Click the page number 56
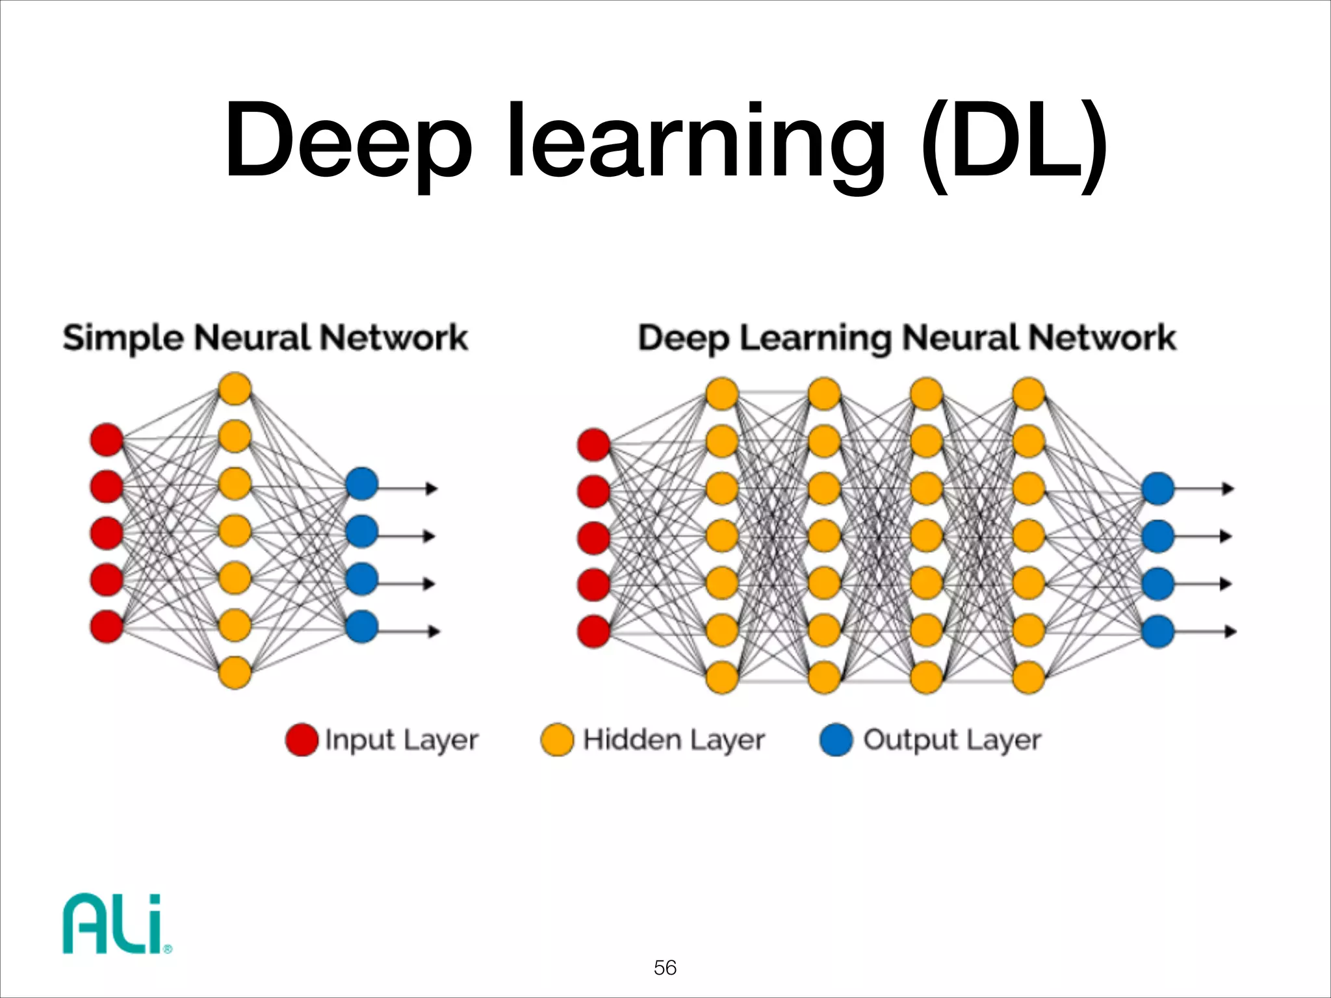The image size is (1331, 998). [665, 968]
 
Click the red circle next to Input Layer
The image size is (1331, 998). [302, 739]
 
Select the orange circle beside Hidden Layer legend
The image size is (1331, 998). [557, 739]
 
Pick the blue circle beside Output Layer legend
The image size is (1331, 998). [836, 739]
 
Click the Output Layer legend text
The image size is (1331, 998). [952, 739]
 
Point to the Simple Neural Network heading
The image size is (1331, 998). [265, 338]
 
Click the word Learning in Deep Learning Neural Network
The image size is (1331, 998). [816, 338]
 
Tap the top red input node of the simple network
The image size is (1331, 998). [107, 440]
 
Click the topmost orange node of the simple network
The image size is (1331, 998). [235, 389]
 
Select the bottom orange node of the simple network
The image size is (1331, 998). [235, 672]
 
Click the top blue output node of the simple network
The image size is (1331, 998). [362, 484]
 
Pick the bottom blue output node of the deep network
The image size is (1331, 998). [1157, 632]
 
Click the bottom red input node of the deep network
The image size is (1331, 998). [593, 632]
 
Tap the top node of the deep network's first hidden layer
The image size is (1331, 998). [722, 394]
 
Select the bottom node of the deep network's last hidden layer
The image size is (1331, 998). [1029, 678]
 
